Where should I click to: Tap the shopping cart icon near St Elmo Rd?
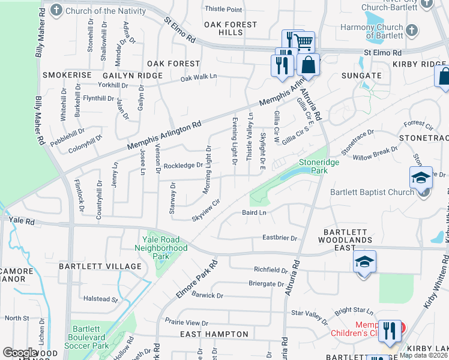(x=305, y=41)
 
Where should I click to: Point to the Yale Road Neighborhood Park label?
(x=160, y=247)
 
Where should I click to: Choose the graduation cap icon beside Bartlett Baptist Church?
(x=421, y=178)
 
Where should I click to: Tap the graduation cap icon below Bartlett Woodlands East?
(x=364, y=262)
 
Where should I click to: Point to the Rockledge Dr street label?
(x=184, y=166)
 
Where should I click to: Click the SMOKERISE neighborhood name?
(x=67, y=75)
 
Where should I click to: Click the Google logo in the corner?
(x=19, y=353)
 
